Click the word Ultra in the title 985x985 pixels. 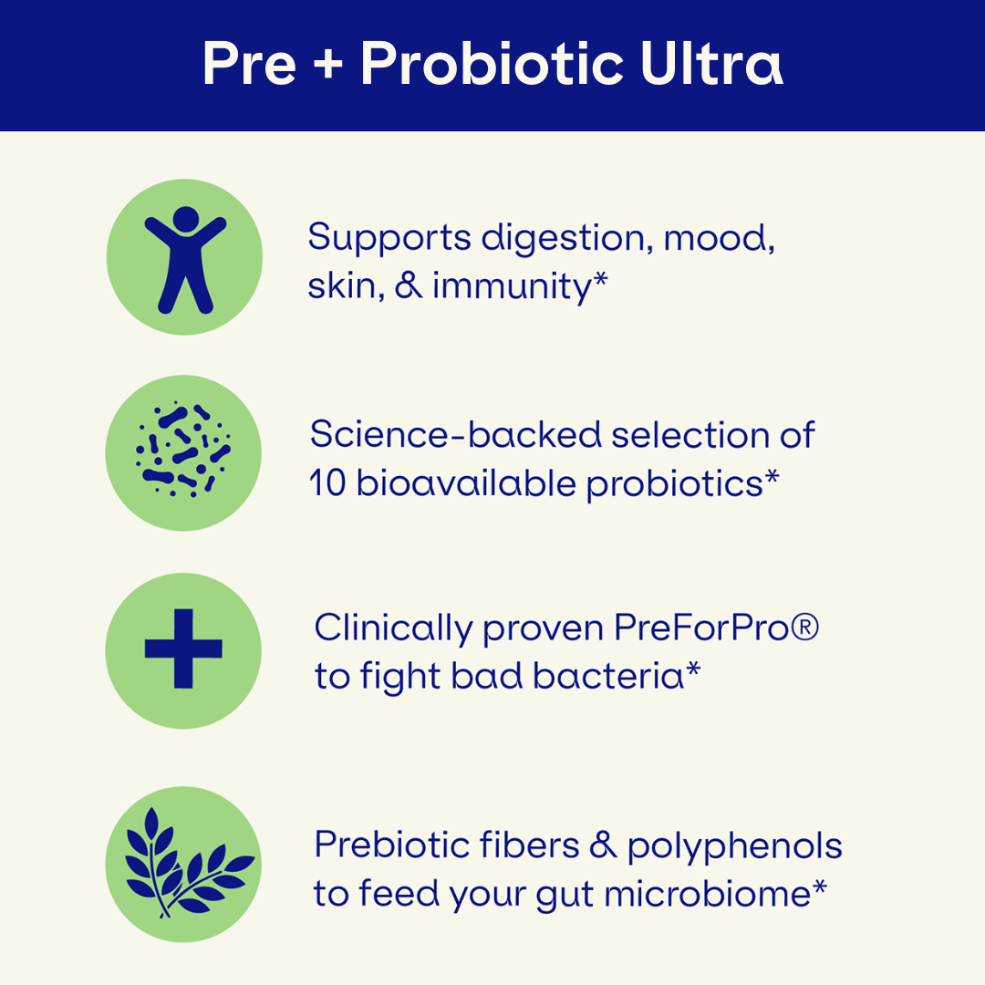click(711, 63)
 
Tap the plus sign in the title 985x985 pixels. click(328, 66)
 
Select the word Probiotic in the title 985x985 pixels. click(492, 63)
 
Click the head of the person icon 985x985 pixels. click(186, 219)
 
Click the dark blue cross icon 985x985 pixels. click(183, 648)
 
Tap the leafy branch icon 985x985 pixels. click(187, 863)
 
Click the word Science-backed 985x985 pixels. click(456, 435)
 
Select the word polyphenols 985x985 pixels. click(734, 847)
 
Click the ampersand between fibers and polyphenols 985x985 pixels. click(603, 845)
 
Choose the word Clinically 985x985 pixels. click(394, 628)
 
